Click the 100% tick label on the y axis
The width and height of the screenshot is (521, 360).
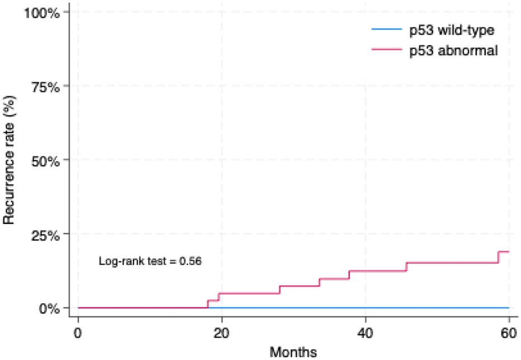41,13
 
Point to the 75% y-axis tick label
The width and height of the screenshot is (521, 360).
45,87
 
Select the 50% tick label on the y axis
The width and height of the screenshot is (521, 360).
45,162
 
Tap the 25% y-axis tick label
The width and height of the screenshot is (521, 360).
45,236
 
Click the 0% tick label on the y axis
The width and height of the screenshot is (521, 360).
49,308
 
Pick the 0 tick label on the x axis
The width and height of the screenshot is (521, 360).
78,333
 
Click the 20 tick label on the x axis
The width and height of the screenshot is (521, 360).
222,333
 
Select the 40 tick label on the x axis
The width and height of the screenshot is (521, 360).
365,333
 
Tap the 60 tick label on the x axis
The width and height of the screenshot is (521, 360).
509,333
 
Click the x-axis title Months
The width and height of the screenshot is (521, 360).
293,352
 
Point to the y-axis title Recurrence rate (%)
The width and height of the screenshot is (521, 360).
9,160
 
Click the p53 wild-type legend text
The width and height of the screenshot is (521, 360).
452,31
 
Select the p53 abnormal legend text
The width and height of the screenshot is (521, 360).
453,51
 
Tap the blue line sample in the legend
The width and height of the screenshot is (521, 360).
387,29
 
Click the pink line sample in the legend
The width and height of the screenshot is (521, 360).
387,49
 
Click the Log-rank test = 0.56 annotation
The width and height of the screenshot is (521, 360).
150,261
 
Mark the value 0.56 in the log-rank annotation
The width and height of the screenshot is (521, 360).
190,261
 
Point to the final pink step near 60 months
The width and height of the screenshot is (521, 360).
498,258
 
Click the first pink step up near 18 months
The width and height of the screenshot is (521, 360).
208,304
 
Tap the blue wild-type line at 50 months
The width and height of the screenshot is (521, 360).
437,308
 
